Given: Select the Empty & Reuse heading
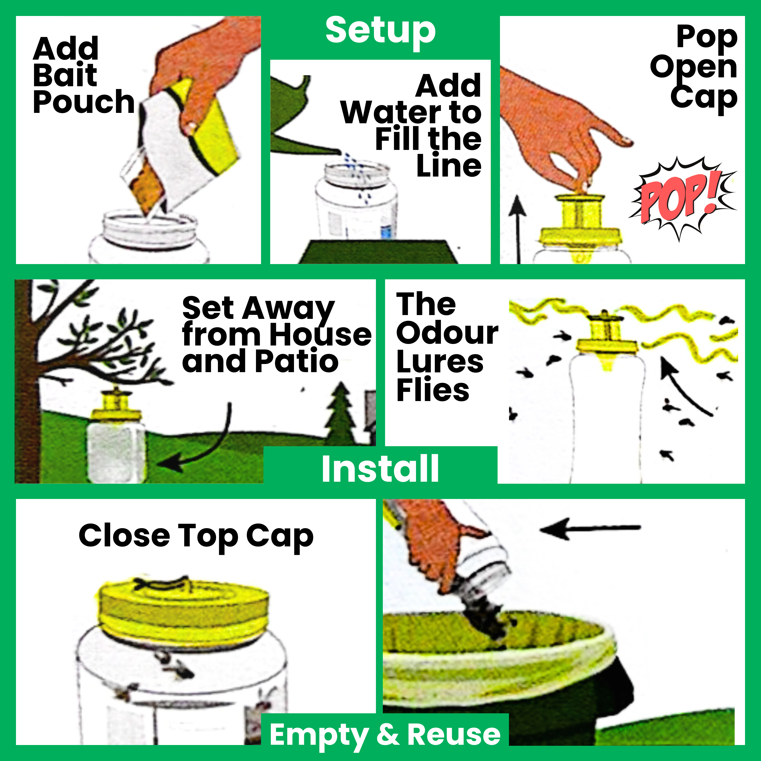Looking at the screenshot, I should tap(385, 735).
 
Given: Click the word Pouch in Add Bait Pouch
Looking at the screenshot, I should tap(83, 102).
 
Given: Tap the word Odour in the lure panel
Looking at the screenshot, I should tap(447, 333).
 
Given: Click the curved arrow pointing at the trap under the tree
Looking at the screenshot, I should tap(205, 445).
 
